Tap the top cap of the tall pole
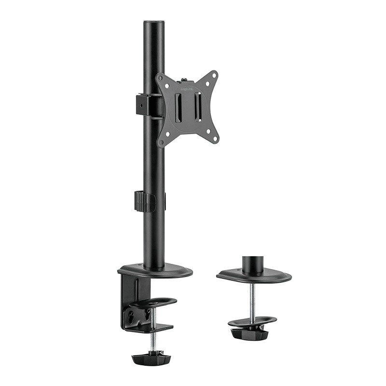pos(154,22)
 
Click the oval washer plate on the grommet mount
pos(252,320)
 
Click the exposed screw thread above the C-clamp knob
pos(152,340)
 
